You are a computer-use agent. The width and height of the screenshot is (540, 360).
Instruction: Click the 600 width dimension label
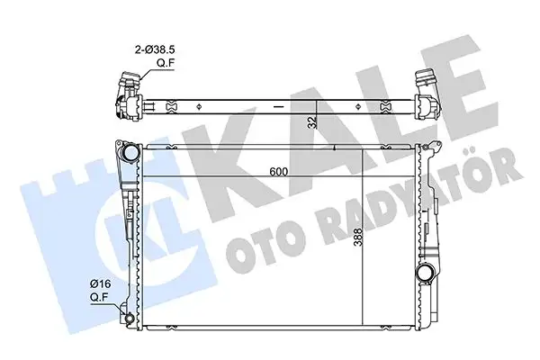tap(279, 171)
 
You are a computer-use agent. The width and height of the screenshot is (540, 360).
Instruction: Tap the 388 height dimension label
tap(358, 237)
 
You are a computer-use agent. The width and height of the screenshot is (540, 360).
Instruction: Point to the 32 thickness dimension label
tap(311, 122)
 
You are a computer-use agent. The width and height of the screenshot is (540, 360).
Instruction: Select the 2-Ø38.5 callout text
tap(155, 49)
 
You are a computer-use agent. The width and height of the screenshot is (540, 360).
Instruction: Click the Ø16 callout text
tap(100, 283)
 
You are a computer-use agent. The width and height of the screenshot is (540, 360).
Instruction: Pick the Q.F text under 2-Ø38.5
tap(166, 63)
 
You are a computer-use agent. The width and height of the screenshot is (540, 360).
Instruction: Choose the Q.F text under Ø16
tap(100, 297)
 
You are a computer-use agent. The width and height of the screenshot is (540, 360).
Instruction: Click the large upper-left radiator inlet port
tap(131, 153)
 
